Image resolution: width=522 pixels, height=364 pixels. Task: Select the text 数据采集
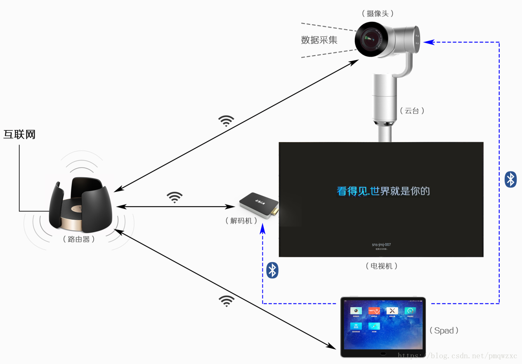pyautogui.click(x=319, y=40)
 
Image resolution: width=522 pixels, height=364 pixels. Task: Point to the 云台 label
pyautogui.click(x=412, y=110)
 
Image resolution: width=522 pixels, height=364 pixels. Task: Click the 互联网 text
pyautogui.click(x=19, y=134)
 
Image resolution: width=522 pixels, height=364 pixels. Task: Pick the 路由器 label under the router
pyautogui.click(x=79, y=239)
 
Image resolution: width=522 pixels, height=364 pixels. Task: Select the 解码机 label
pyautogui.click(x=241, y=221)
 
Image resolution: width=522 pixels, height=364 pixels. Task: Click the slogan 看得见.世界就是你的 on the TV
pyautogui.click(x=383, y=191)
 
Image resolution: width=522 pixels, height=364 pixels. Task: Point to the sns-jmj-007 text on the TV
pyautogui.click(x=381, y=244)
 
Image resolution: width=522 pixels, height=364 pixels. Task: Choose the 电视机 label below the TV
pyautogui.click(x=381, y=266)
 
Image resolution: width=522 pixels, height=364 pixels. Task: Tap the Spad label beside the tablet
pyautogui.click(x=444, y=331)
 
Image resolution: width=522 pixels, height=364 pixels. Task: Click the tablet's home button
pyautogui.click(x=383, y=353)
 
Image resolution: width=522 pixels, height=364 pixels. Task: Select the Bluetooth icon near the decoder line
pyautogui.click(x=272, y=270)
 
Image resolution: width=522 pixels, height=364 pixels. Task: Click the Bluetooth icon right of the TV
pyautogui.click(x=510, y=180)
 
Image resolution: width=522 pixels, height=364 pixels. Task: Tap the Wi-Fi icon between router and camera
pyautogui.click(x=226, y=120)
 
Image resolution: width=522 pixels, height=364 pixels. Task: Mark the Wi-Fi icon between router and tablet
pyautogui.click(x=226, y=301)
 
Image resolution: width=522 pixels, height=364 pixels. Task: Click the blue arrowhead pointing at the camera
pyautogui.click(x=428, y=42)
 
